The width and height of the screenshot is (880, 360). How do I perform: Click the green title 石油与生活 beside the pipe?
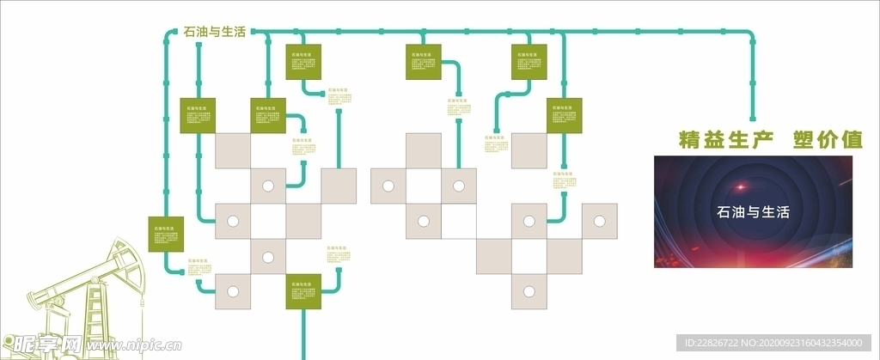215,32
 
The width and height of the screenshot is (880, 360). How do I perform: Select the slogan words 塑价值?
828,140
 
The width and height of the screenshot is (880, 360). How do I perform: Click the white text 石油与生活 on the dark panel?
753,212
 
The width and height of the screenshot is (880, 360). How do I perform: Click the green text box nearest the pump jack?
166,234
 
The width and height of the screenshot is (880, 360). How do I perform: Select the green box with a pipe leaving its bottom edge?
303,290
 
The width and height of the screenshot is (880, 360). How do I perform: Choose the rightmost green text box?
565,116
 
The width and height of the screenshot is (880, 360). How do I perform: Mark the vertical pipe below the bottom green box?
302,335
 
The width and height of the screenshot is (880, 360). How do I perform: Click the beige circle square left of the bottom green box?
232,290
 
